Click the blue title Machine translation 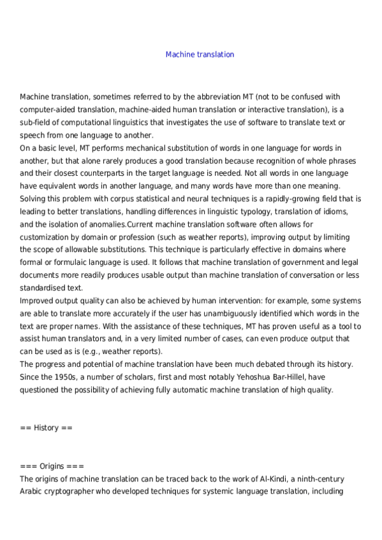pos(200,55)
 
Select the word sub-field pos(36,122)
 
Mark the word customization pos(47,237)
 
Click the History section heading pos(47,428)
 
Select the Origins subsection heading pos(48,466)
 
